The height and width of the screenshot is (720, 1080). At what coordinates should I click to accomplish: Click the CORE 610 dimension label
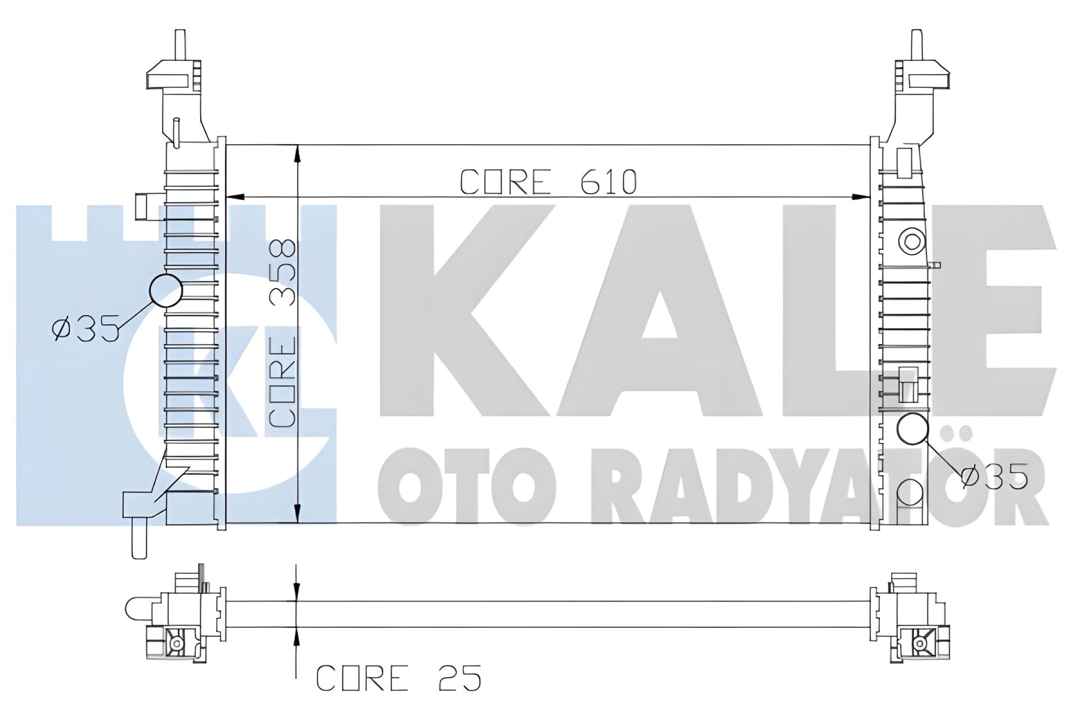[548, 182]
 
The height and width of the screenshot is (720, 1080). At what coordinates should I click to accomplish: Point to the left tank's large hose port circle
[166, 290]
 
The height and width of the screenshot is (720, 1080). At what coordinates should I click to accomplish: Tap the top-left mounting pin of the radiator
[181, 45]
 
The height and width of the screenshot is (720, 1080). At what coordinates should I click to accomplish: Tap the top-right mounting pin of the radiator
[916, 45]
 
